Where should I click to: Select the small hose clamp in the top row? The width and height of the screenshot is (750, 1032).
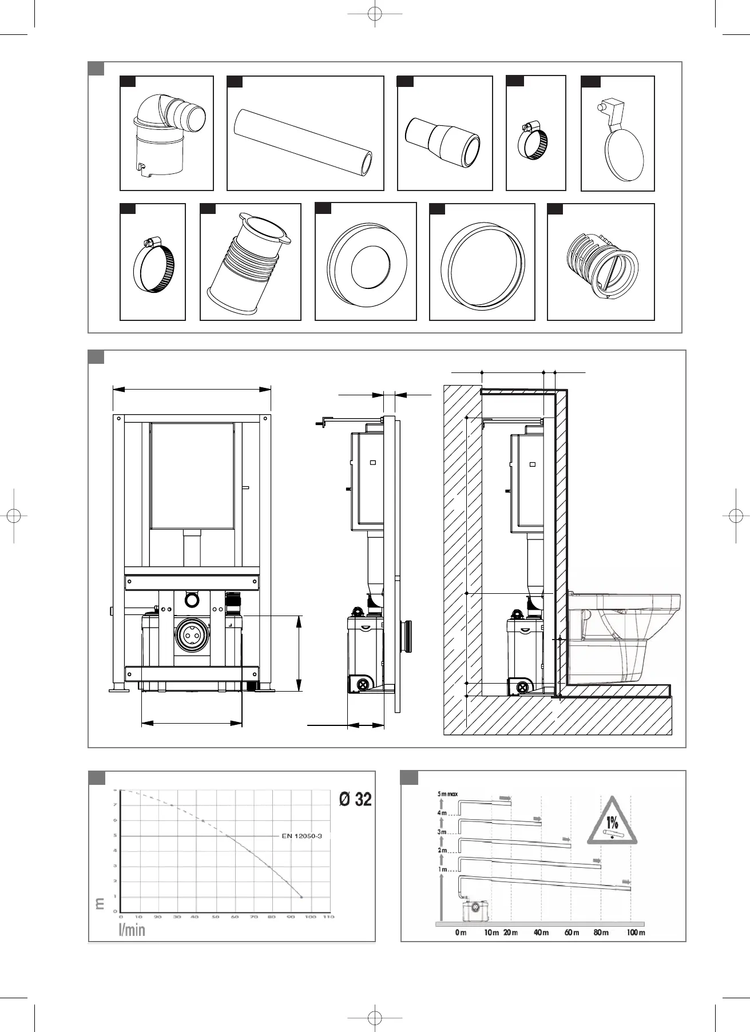tap(535, 141)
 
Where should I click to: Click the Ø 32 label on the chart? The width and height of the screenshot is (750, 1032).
tap(355, 799)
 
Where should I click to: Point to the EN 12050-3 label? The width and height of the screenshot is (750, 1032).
tap(302, 836)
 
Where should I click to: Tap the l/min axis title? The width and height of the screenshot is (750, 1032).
tap(132, 930)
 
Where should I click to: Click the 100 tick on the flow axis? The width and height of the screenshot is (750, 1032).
tap(310, 916)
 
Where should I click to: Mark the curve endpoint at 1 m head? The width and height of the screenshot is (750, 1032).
tap(301, 897)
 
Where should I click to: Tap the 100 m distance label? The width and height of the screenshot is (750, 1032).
tap(635, 932)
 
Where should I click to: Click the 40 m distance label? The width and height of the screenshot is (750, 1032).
tap(541, 932)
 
